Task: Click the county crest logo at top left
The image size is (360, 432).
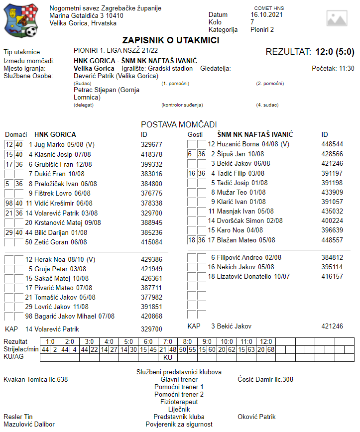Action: (x=20, y=20)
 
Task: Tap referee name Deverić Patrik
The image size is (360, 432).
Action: (x=116, y=76)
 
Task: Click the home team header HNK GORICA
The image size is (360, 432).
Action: (x=55, y=134)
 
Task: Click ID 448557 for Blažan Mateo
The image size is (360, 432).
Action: (x=332, y=240)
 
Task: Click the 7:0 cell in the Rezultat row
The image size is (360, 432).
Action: (x=167, y=342)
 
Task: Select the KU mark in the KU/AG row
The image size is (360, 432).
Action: (x=167, y=357)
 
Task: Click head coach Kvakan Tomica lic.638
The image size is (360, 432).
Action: (x=36, y=379)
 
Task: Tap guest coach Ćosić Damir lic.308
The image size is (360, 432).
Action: (x=265, y=379)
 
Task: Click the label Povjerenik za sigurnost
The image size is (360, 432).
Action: (x=179, y=425)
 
